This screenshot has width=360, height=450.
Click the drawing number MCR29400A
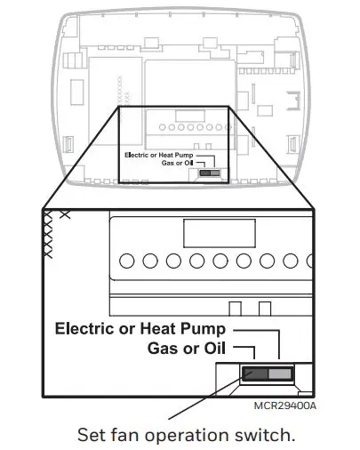[285, 406]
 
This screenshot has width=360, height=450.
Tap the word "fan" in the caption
[125, 435]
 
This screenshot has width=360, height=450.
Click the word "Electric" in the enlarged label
[85, 328]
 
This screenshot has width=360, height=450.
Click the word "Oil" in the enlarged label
[215, 348]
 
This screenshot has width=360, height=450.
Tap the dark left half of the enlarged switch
[255, 374]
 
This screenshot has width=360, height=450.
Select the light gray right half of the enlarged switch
[280, 374]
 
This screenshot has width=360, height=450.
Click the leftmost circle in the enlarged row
[126, 261]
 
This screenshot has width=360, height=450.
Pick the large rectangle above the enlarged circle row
[220, 233]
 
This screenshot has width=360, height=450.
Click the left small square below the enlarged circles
[236, 309]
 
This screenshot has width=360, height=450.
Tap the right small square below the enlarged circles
[265, 309]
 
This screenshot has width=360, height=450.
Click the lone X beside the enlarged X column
[65, 214]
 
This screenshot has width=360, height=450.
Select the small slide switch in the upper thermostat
[210, 173]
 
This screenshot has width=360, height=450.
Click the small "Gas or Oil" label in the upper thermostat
[177, 163]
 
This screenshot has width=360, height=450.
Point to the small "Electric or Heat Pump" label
[159, 155]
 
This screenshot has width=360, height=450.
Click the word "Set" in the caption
[92, 435]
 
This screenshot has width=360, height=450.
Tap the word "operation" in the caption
[187, 436]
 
